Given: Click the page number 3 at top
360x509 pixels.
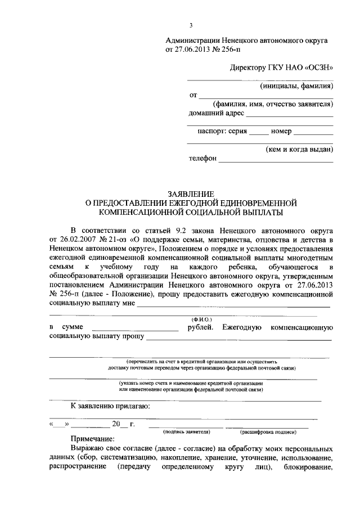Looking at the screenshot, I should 191,25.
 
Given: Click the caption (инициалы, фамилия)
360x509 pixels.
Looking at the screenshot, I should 296,86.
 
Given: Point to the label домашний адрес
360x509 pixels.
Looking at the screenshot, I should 216,113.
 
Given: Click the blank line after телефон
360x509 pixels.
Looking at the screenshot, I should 276,160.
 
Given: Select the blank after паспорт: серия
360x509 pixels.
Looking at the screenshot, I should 259,133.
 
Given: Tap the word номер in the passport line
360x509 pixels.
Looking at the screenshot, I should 281,132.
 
